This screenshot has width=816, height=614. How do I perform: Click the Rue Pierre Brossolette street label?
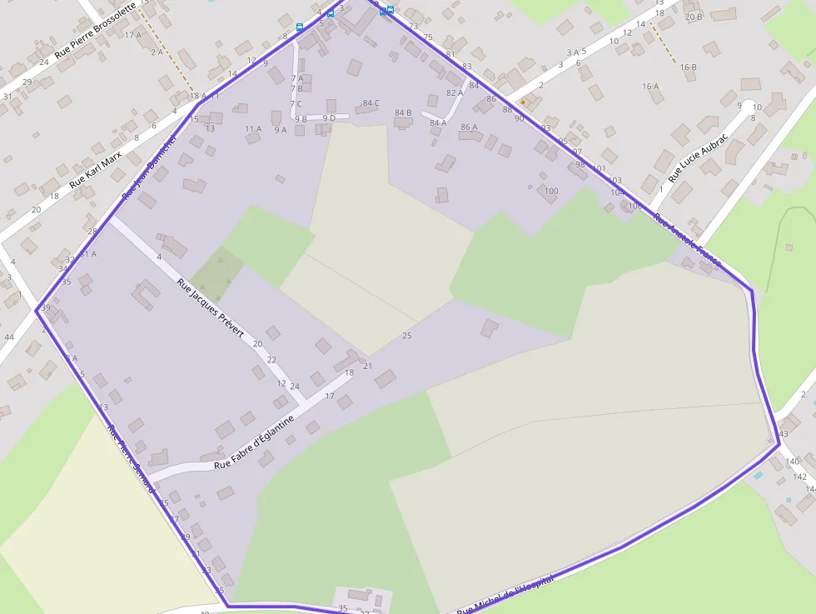[x=95, y=40]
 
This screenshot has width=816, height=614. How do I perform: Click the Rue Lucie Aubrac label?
[x=698, y=157]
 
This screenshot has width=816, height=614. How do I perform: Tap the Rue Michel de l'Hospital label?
[x=505, y=597]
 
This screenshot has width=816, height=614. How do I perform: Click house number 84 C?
[x=371, y=103]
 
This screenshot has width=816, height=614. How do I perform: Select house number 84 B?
[x=403, y=112]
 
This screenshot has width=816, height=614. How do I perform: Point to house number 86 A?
[x=469, y=127]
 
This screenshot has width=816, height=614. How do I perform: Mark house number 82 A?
[x=455, y=93]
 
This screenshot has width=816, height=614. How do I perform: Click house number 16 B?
[x=688, y=67]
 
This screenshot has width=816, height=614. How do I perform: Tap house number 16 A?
[x=650, y=87]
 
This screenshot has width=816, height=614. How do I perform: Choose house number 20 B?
[x=694, y=17]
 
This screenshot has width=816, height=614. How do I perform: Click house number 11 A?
[x=253, y=129]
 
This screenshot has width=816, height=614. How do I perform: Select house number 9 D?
[x=329, y=118]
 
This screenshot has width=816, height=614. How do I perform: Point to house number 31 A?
[x=87, y=254]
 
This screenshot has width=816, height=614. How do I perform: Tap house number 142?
[x=800, y=477]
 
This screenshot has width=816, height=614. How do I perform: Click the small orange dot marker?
[x=523, y=102]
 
